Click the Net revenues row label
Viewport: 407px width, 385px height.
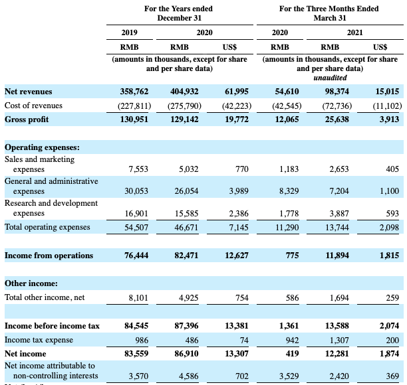click(x=28, y=92)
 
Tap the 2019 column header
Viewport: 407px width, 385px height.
click(x=129, y=32)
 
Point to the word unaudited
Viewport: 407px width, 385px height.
click(x=330, y=78)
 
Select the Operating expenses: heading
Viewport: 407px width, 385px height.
click(x=42, y=147)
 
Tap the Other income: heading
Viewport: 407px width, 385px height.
click(x=31, y=283)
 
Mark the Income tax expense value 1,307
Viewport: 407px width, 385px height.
click(x=337, y=340)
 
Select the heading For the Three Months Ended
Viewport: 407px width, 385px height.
click(x=329, y=9)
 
